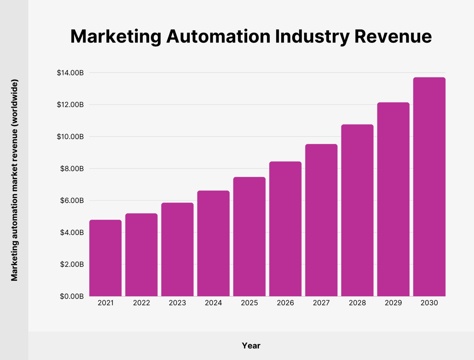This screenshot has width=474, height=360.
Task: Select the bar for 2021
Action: (105, 258)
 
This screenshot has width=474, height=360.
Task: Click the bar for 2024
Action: (213, 244)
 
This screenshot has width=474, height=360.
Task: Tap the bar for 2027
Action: (321, 220)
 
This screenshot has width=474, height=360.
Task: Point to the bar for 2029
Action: (393, 199)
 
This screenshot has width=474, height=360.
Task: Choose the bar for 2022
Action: (141, 255)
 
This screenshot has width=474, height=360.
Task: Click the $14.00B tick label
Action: (70, 73)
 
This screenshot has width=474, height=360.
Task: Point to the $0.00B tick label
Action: (71, 296)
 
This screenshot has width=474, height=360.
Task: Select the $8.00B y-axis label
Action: (72, 169)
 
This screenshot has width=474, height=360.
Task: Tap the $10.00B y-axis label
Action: (70, 137)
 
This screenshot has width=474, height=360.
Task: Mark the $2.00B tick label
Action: (72, 264)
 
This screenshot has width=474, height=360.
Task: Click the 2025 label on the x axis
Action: (249, 303)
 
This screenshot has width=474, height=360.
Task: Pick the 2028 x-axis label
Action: (357, 303)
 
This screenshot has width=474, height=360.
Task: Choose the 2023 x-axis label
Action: (177, 303)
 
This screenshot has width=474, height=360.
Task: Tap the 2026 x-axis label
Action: (285, 303)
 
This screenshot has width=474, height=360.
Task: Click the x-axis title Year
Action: (251, 346)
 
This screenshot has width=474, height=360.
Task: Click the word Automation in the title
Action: (218, 36)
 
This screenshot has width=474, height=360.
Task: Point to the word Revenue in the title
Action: (393, 36)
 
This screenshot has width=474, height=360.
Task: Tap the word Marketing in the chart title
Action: (116, 36)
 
